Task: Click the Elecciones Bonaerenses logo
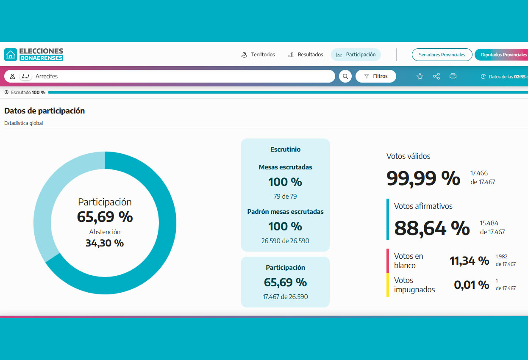(34, 55)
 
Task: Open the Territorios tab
(258, 55)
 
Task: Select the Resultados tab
(306, 55)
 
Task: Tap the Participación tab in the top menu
(356, 55)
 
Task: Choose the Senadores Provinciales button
(442, 55)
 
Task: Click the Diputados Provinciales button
(502, 55)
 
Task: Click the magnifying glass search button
(345, 76)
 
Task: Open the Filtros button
(376, 76)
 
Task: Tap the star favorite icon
(420, 76)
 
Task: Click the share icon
(436, 76)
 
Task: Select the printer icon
(453, 76)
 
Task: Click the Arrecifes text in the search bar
(47, 76)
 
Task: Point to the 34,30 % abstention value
(105, 243)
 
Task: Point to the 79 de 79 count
(285, 197)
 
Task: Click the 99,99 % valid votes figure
(423, 178)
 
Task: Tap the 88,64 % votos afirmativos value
(432, 228)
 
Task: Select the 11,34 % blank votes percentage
(469, 260)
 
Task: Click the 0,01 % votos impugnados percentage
(471, 285)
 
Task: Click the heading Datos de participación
(44, 111)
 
